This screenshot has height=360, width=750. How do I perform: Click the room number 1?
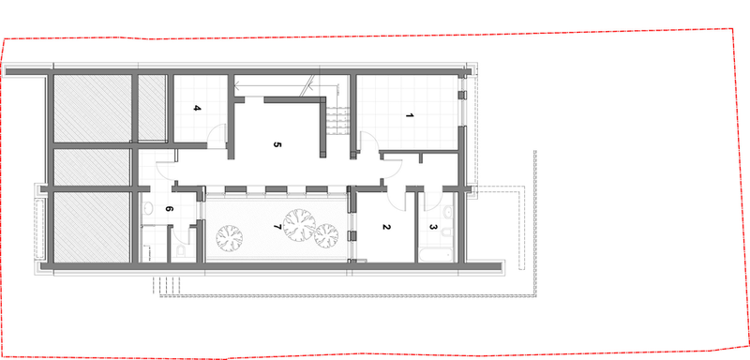[x=409, y=115]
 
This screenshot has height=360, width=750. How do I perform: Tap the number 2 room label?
[x=386, y=227]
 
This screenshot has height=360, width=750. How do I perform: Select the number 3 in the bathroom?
[x=432, y=227]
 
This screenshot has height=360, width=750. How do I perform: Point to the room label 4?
[x=197, y=108]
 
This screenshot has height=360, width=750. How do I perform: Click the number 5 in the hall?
[x=277, y=144]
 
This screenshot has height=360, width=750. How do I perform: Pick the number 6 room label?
[x=168, y=208]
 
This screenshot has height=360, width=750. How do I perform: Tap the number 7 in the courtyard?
[x=276, y=227]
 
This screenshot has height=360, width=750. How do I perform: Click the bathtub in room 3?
[x=436, y=255]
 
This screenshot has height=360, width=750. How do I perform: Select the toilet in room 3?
[x=447, y=232]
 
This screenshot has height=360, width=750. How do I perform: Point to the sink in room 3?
[x=448, y=212]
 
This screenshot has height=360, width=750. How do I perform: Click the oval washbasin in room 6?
[x=148, y=208]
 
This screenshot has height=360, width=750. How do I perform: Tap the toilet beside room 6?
[x=181, y=251]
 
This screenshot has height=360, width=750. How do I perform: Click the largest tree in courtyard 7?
[x=299, y=225]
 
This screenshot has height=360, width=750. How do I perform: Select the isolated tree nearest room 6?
[x=229, y=238]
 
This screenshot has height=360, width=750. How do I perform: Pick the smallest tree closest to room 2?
[x=326, y=235]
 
